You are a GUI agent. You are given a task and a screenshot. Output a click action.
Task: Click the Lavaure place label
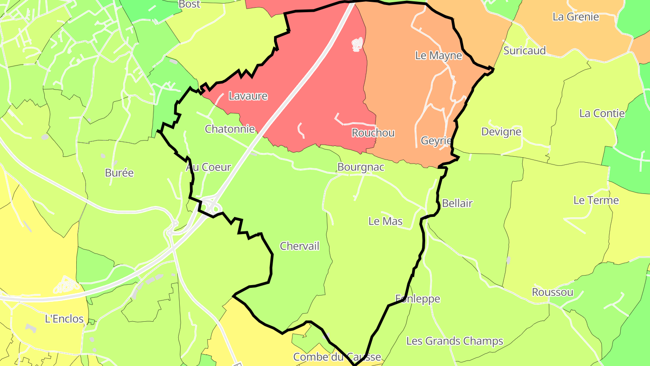[x=248, y=96]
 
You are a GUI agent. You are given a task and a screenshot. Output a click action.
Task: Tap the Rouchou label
[x=373, y=133]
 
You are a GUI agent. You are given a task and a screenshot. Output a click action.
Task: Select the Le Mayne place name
[x=439, y=56]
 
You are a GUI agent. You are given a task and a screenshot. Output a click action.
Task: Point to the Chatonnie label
[x=230, y=129]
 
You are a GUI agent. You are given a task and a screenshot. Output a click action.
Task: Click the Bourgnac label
[x=361, y=167]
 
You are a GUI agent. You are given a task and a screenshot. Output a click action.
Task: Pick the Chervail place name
[x=299, y=246]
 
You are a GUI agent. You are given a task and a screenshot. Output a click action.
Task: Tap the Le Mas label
[x=385, y=221]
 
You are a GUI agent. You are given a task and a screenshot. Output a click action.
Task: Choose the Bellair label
[x=457, y=203]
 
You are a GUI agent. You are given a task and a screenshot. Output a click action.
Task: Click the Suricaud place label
[x=525, y=50]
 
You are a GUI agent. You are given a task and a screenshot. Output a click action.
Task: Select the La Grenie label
[x=576, y=17]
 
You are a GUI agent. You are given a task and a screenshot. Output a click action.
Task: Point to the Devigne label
[x=501, y=132]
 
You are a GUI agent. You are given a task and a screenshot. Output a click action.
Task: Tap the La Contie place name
[x=602, y=113]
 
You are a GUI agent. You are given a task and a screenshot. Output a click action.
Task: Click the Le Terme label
[x=596, y=200]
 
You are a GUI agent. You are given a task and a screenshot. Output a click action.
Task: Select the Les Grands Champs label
[x=455, y=341]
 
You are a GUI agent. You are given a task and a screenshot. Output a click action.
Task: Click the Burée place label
[x=119, y=173]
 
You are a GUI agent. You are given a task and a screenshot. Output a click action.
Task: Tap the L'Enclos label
[x=64, y=319]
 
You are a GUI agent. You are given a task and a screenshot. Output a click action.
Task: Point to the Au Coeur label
[x=208, y=167]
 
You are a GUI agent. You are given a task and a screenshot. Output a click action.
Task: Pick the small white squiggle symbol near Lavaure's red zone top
[x=357, y=44]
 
